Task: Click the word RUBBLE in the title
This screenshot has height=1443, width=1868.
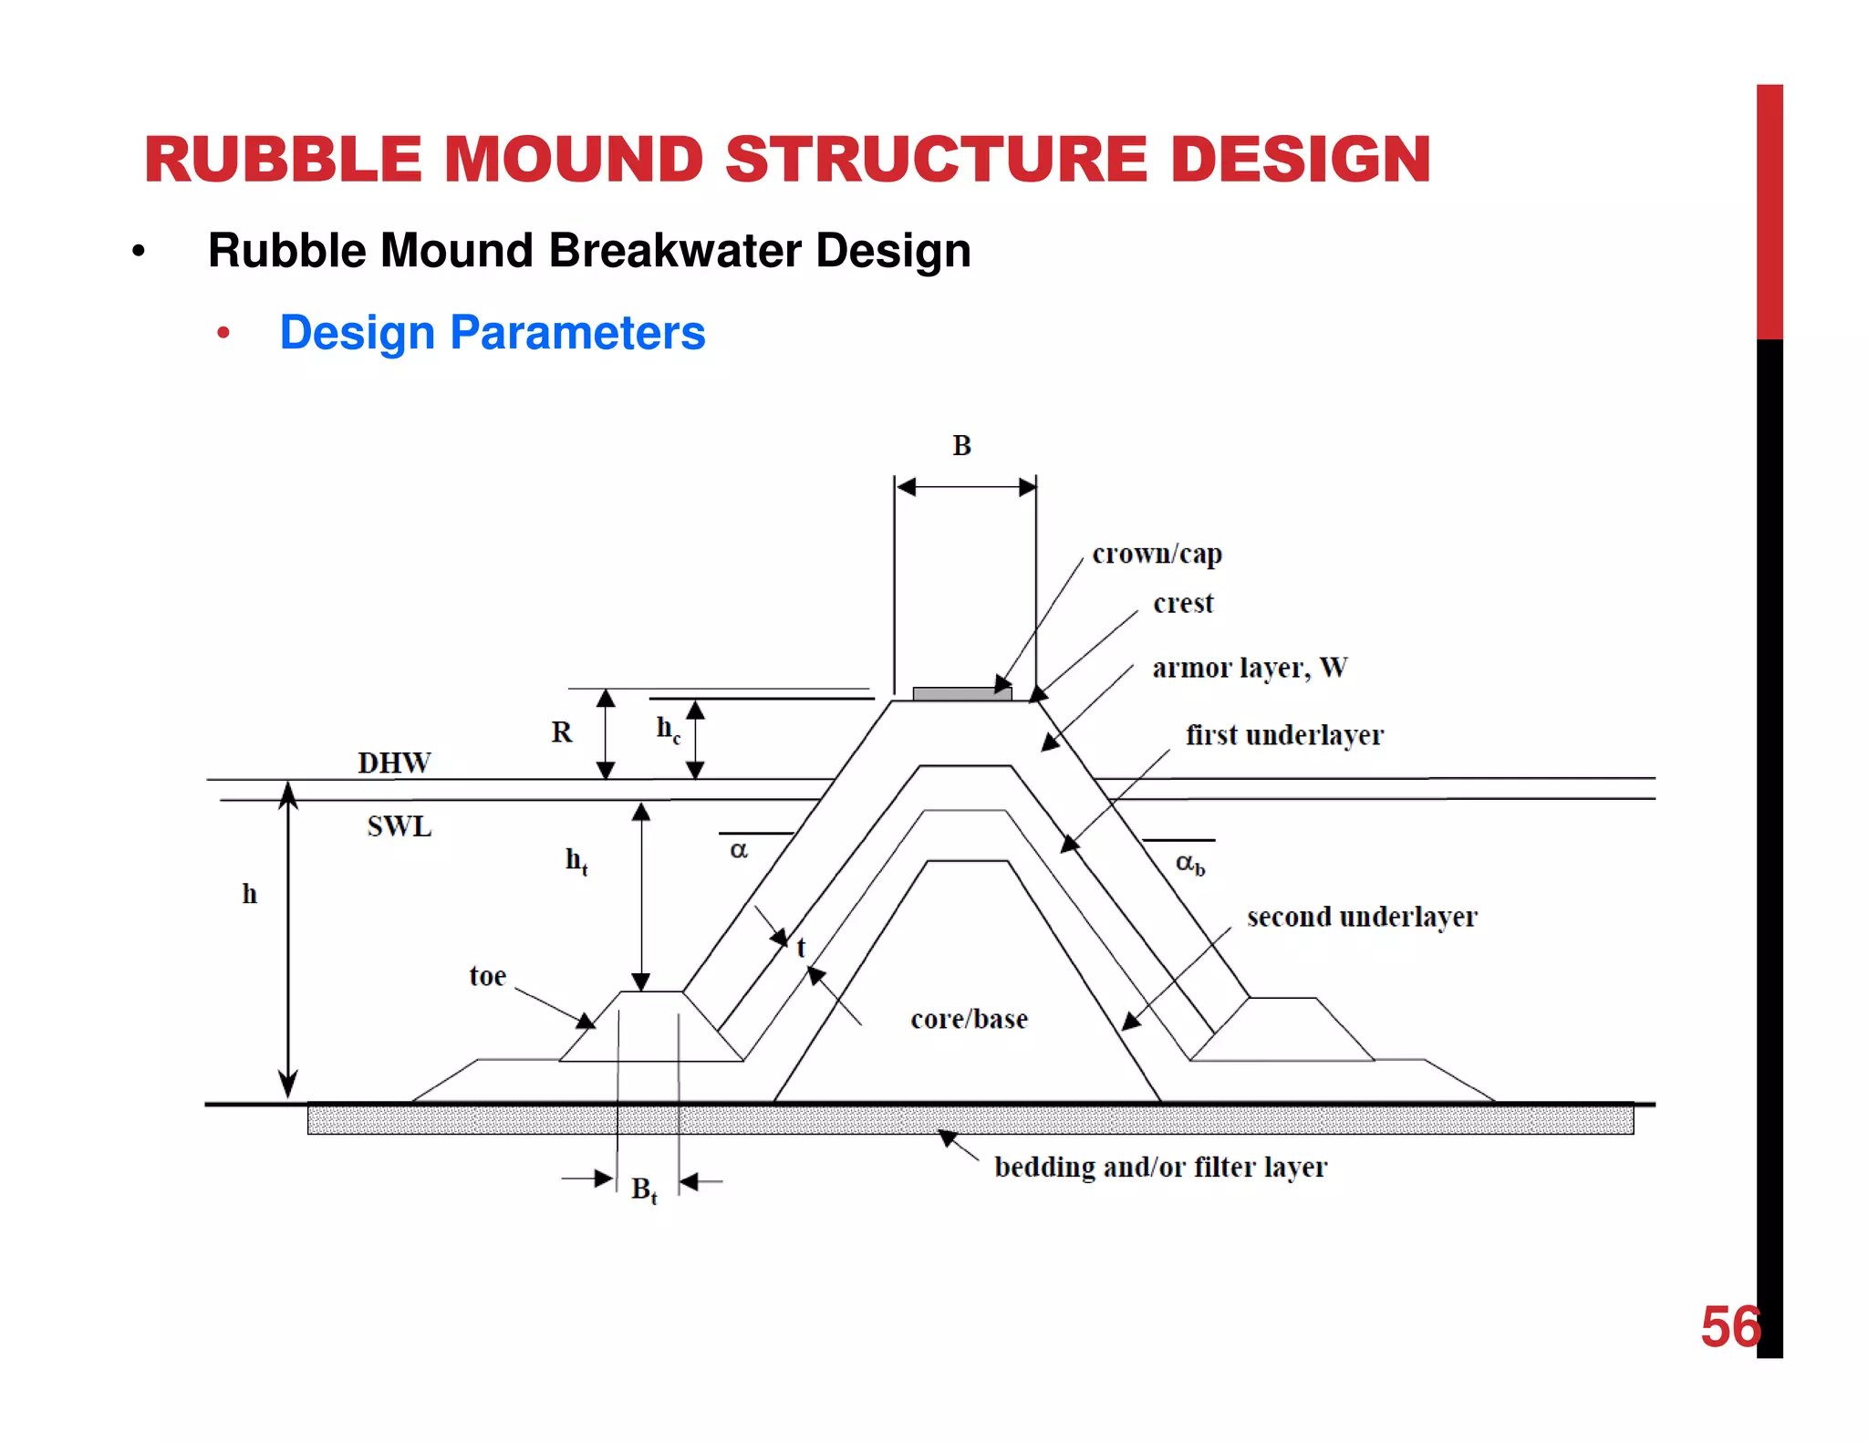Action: [x=283, y=160]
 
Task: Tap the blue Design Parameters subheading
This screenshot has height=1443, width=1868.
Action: [x=492, y=332]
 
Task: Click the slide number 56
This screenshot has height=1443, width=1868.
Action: [x=1729, y=1327]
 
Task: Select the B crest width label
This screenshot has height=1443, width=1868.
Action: [x=961, y=446]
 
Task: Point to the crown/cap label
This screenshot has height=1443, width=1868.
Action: [x=1157, y=554]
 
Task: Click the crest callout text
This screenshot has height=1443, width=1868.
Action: [x=1183, y=603]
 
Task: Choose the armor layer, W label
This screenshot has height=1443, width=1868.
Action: [x=1249, y=668]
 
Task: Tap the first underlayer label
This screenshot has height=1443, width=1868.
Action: [x=1284, y=735]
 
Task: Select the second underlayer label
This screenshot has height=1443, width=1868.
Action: [x=1361, y=917]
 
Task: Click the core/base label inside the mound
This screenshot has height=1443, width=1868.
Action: [x=969, y=1019]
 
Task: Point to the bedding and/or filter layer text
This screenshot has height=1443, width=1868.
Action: [x=1160, y=1167]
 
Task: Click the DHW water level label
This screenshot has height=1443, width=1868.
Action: [x=394, y=763]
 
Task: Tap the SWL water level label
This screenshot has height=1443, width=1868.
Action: [x=399, y=826]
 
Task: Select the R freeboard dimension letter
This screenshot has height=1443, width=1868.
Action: [x=561, y=732]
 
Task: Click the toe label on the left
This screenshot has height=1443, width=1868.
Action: [x=487, y=976]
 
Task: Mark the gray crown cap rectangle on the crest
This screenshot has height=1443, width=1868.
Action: [x=961, y=694]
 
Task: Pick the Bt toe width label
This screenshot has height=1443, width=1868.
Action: [x=643, y=1189]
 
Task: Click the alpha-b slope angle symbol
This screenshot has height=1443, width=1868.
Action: [x=1188, y=863]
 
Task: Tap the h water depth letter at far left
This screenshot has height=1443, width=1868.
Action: [x=249, y=894]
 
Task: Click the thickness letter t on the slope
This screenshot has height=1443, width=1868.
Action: [x=801, y=948]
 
